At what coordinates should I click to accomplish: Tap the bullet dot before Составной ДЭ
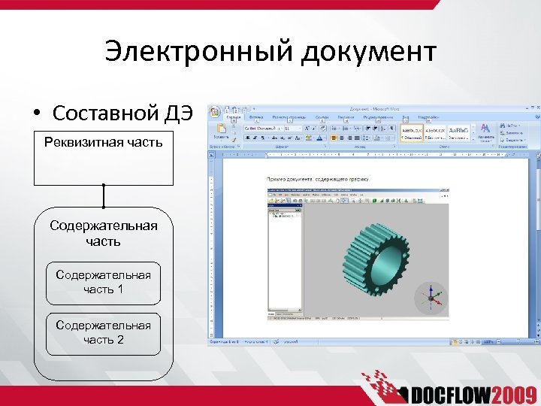(x=36, y=114)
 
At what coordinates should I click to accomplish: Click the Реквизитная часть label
(x=103, y=141)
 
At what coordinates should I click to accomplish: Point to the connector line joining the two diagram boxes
(x=103, y=196)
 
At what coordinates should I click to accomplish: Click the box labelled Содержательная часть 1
(x=103, y=282)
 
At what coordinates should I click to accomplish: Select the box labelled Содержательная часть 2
(x=103, y=333)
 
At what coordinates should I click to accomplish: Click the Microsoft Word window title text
(x=375, y=108)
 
